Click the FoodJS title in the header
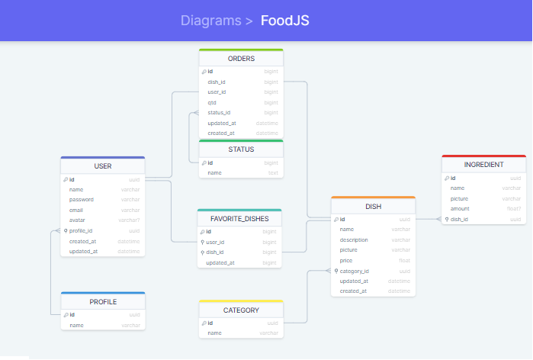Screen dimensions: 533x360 pos(285,20)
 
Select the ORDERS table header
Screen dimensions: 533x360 pos(241,59)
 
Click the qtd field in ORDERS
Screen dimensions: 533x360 pos(212,102)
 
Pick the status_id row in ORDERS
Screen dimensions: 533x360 pos(219,112)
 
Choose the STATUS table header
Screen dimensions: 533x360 pos(241,149)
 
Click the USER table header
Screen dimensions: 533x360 pos(103,166)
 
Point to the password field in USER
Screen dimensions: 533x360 pos(82,199)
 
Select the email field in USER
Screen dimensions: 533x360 pos(76,210)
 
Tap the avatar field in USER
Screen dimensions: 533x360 pos(77,220)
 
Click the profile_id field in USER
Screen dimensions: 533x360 pos(81,230)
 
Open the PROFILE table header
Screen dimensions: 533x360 pos(103,301)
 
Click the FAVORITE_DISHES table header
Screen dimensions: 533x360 pos(239,218)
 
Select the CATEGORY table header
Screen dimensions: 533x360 pos(241,310)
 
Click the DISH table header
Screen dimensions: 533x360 pos(374,206)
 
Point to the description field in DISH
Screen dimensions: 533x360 pos(354,239)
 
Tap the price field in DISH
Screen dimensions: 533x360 pos(347,260)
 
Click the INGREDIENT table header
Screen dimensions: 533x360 pos(483,165)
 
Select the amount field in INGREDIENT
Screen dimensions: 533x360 pos(460,208)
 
